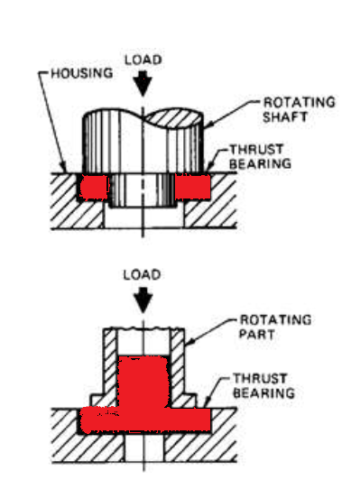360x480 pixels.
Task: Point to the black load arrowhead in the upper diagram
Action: (x=143, y=84)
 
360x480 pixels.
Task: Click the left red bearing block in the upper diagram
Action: (x=91, y=187)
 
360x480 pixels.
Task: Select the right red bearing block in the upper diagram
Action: (x=193, y=187)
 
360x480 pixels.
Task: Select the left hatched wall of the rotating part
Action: (x=110, y=370)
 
